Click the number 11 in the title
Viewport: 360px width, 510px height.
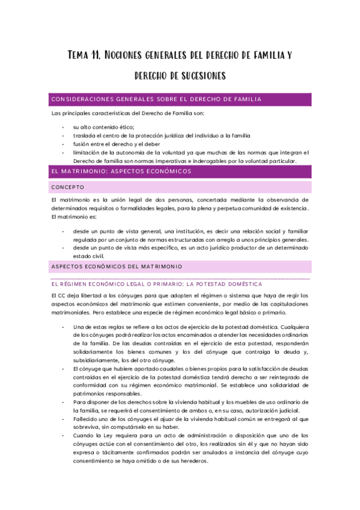(94, 56)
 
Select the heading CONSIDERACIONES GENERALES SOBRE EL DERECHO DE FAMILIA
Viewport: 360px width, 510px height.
(156, 99)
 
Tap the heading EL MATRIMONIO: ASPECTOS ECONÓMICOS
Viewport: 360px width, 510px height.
(121, 171)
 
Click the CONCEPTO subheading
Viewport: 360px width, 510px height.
(68, 187)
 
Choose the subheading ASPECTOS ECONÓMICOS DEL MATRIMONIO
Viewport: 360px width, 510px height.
(117, 266)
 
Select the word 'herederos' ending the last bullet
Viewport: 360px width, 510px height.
(194, 461)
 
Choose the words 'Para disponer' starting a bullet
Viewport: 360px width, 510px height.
(91, 402)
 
